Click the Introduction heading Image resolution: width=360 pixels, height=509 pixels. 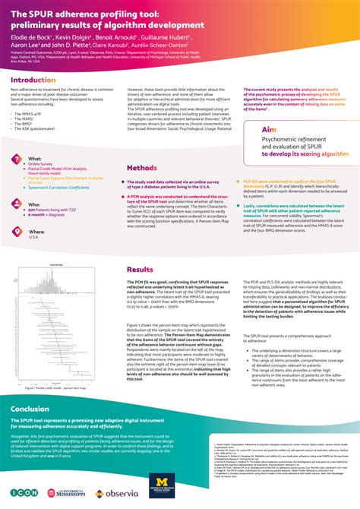[33, 79]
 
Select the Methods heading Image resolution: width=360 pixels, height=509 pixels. [142, 167]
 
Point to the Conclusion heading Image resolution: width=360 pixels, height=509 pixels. [30, 409]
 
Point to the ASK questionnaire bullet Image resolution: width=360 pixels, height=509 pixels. [35, 129]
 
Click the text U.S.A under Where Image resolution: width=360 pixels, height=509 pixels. [33, 238]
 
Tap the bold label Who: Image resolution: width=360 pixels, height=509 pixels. [34, 204]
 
